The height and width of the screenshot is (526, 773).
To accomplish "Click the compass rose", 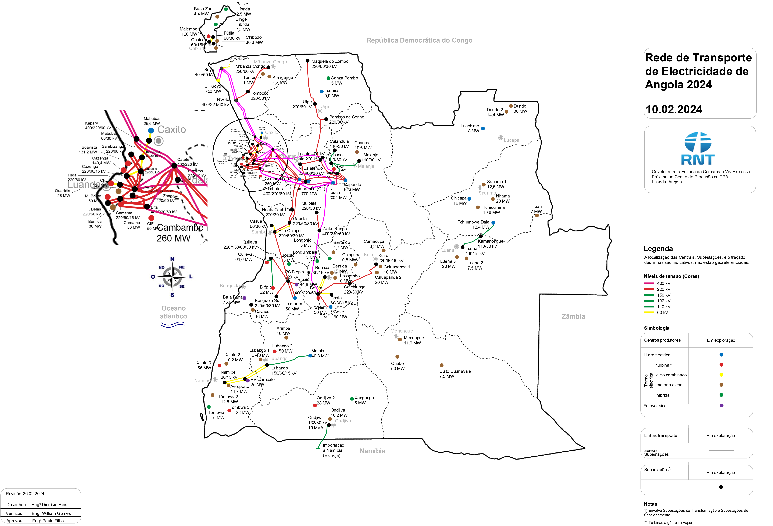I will pos(172,276).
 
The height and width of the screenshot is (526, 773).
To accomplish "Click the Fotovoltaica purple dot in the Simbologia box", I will pos(721,405).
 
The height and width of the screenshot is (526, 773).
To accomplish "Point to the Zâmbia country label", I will pos(573,316).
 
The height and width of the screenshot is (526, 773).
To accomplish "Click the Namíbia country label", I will pos(372,451).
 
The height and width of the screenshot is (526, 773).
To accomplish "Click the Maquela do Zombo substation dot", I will pos(308,61).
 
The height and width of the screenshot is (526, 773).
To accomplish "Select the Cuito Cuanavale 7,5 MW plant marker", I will pos(441,365).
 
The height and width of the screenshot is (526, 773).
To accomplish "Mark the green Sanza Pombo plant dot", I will pos(328,78).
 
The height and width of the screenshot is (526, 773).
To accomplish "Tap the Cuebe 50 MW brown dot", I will pos(397,357).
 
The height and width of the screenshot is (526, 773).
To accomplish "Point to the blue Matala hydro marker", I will pos(310,356).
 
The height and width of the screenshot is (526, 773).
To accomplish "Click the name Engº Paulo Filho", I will pos(48,521).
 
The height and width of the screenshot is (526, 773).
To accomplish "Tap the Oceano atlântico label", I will pos(173,312).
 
